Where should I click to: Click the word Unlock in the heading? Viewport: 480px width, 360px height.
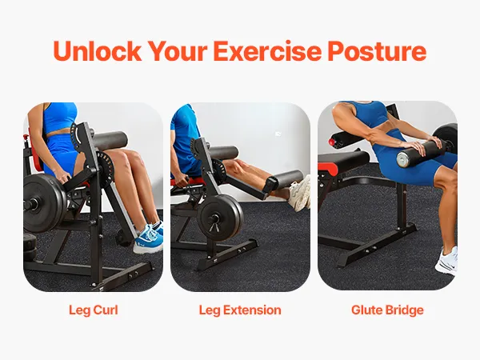point(97,51)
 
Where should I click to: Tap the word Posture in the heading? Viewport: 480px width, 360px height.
point(377,51)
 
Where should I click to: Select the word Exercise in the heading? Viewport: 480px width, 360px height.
point(267,51)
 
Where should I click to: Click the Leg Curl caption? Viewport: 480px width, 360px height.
point(94,310)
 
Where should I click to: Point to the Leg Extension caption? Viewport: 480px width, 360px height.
point(240,310)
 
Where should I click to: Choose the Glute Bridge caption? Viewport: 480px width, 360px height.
point(387,310)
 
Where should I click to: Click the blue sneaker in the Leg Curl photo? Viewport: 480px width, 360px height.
point(149,238)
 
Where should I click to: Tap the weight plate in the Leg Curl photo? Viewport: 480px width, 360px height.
point(43,203)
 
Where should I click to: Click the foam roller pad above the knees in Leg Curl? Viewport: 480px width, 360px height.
point(110,140)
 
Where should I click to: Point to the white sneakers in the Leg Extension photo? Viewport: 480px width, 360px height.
point(299,194)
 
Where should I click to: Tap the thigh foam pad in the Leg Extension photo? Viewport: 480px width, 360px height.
point(223,153)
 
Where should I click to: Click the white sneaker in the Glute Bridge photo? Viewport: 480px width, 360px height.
point(446,261)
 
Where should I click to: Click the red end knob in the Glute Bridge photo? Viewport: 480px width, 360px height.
point(331,142)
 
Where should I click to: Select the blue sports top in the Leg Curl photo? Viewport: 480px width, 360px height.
point(60,118)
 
